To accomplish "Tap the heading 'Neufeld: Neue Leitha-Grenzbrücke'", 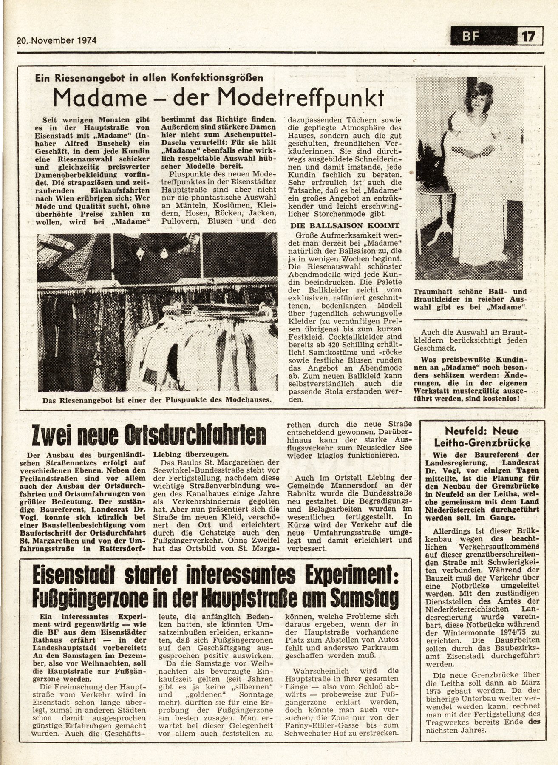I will pyautogui.click(x=482, y=436).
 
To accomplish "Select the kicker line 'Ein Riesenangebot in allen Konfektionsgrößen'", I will pyautogui.click(x=149, y=77).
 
